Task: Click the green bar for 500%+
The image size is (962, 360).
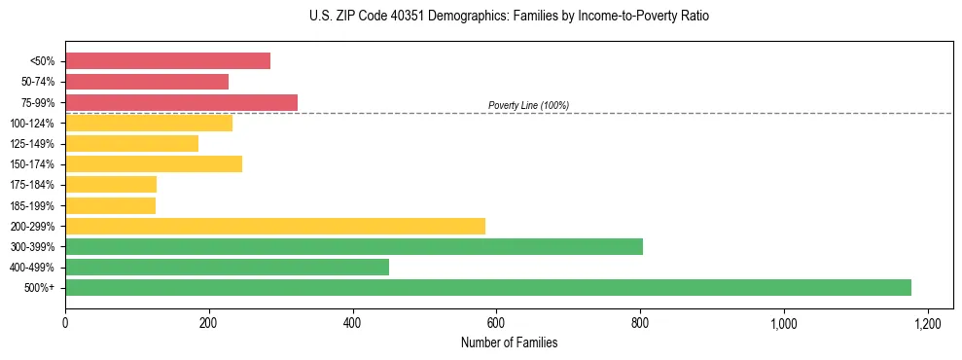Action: [x=487, y=287]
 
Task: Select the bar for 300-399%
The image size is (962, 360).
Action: [x=354, y=246]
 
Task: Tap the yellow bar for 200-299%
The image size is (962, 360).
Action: [x=275, y=226]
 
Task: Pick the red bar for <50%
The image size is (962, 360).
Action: [x=167, y=61]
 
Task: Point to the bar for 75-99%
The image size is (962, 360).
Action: [x=181, y=102]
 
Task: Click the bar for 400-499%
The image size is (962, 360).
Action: [x=227, y=267]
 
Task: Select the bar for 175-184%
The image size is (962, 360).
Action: [x=111, y=185]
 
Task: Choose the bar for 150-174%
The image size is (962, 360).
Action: [x=154, y=163]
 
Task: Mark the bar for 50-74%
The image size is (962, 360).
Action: [x=147, y=82]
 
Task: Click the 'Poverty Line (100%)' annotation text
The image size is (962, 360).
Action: [x=528, y=105]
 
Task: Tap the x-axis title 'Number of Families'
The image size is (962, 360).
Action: [x=509, y=342]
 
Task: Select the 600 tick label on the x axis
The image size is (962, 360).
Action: [x=496, y=322]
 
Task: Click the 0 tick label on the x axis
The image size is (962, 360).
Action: [x=65, y=322]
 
